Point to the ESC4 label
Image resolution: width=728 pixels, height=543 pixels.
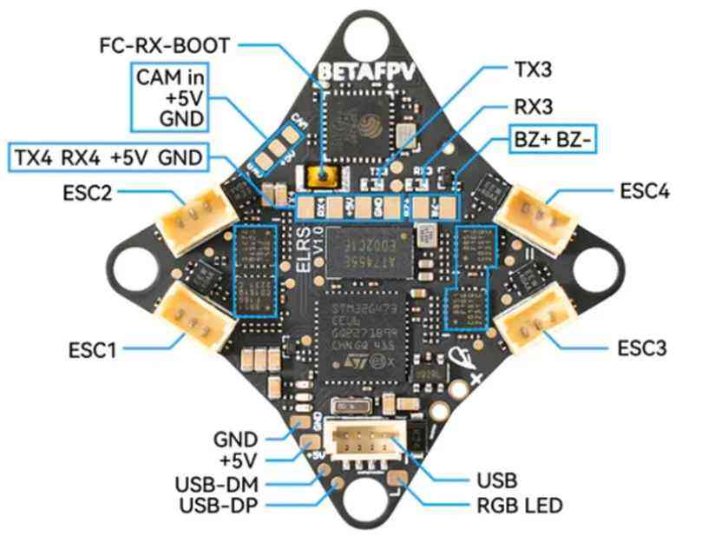coord(644,190)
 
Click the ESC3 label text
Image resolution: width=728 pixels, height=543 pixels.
coord(642,349)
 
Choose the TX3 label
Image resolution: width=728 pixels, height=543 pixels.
coord(530,67)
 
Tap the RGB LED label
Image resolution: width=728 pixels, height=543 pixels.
coord(521,505)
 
